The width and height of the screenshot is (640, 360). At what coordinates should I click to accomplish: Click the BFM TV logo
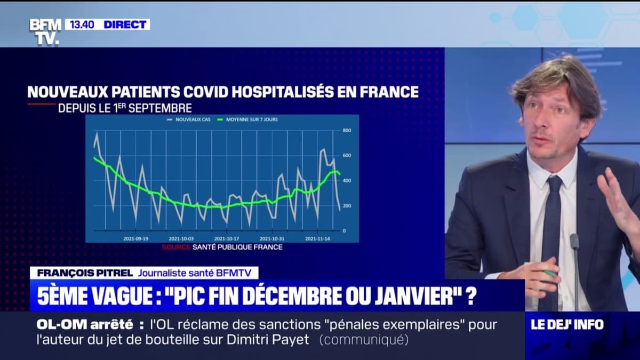(45, 31)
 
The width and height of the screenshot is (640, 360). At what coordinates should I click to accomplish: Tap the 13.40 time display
(81, 25)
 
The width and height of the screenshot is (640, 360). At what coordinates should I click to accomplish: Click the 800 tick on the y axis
(346, 130)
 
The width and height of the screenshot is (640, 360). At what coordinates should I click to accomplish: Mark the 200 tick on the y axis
(346, 205)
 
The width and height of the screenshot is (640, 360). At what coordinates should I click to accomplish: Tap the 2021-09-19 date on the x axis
(135, 238)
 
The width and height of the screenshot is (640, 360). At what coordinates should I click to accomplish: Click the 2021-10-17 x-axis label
(226, 238)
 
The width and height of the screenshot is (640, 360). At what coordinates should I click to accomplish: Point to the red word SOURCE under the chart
(175, 247)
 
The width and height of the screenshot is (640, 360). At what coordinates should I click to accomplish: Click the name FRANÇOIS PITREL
(81, 273)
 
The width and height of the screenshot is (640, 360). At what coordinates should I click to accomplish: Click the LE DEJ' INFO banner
(567, 324)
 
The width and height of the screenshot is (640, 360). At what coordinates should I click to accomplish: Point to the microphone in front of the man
(574, 243)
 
